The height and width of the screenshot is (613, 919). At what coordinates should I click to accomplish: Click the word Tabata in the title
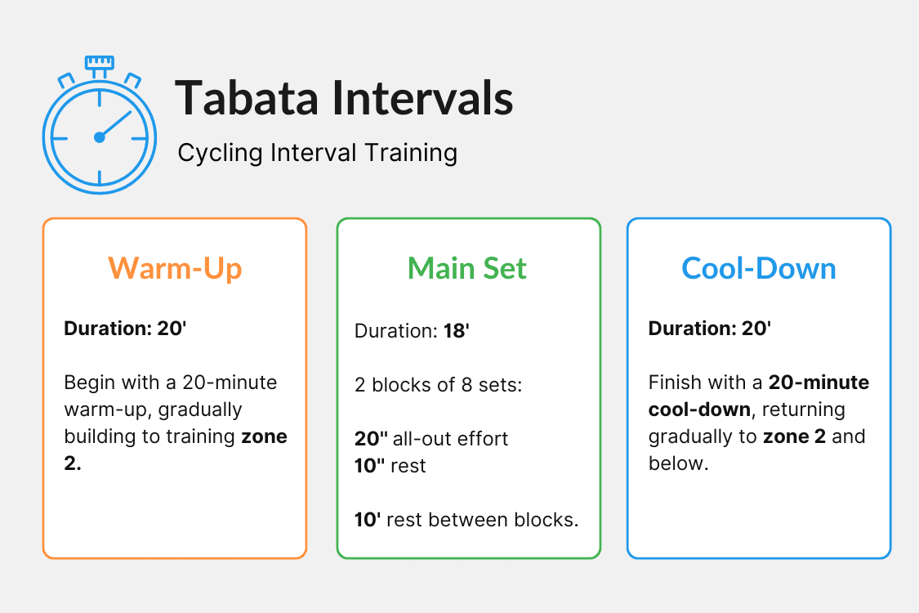(x=245, y=98)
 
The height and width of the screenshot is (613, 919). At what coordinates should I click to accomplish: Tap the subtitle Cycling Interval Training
(x=317, y=153)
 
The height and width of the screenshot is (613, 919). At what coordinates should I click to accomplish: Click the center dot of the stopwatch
(x=100, y=137)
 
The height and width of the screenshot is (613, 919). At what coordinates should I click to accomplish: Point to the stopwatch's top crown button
(x=100, y=63)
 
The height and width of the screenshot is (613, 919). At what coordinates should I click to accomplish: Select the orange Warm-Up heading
(x=175, y=268)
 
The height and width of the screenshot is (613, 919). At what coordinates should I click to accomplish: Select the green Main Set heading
(x=467, y=268)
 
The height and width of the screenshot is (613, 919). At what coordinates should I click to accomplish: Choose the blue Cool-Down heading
(x=759, y=268)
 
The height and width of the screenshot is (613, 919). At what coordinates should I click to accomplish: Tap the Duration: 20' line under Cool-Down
(x=710, y=329)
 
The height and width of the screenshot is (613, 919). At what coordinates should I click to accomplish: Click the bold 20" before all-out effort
(x=371, y=439)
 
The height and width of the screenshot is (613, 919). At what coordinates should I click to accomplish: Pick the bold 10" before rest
(x=371, y=466)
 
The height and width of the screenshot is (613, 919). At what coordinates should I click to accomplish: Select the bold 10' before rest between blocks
(x=368, y=519)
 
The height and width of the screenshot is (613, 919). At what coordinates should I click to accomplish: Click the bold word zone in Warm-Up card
(x=264, y=436)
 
